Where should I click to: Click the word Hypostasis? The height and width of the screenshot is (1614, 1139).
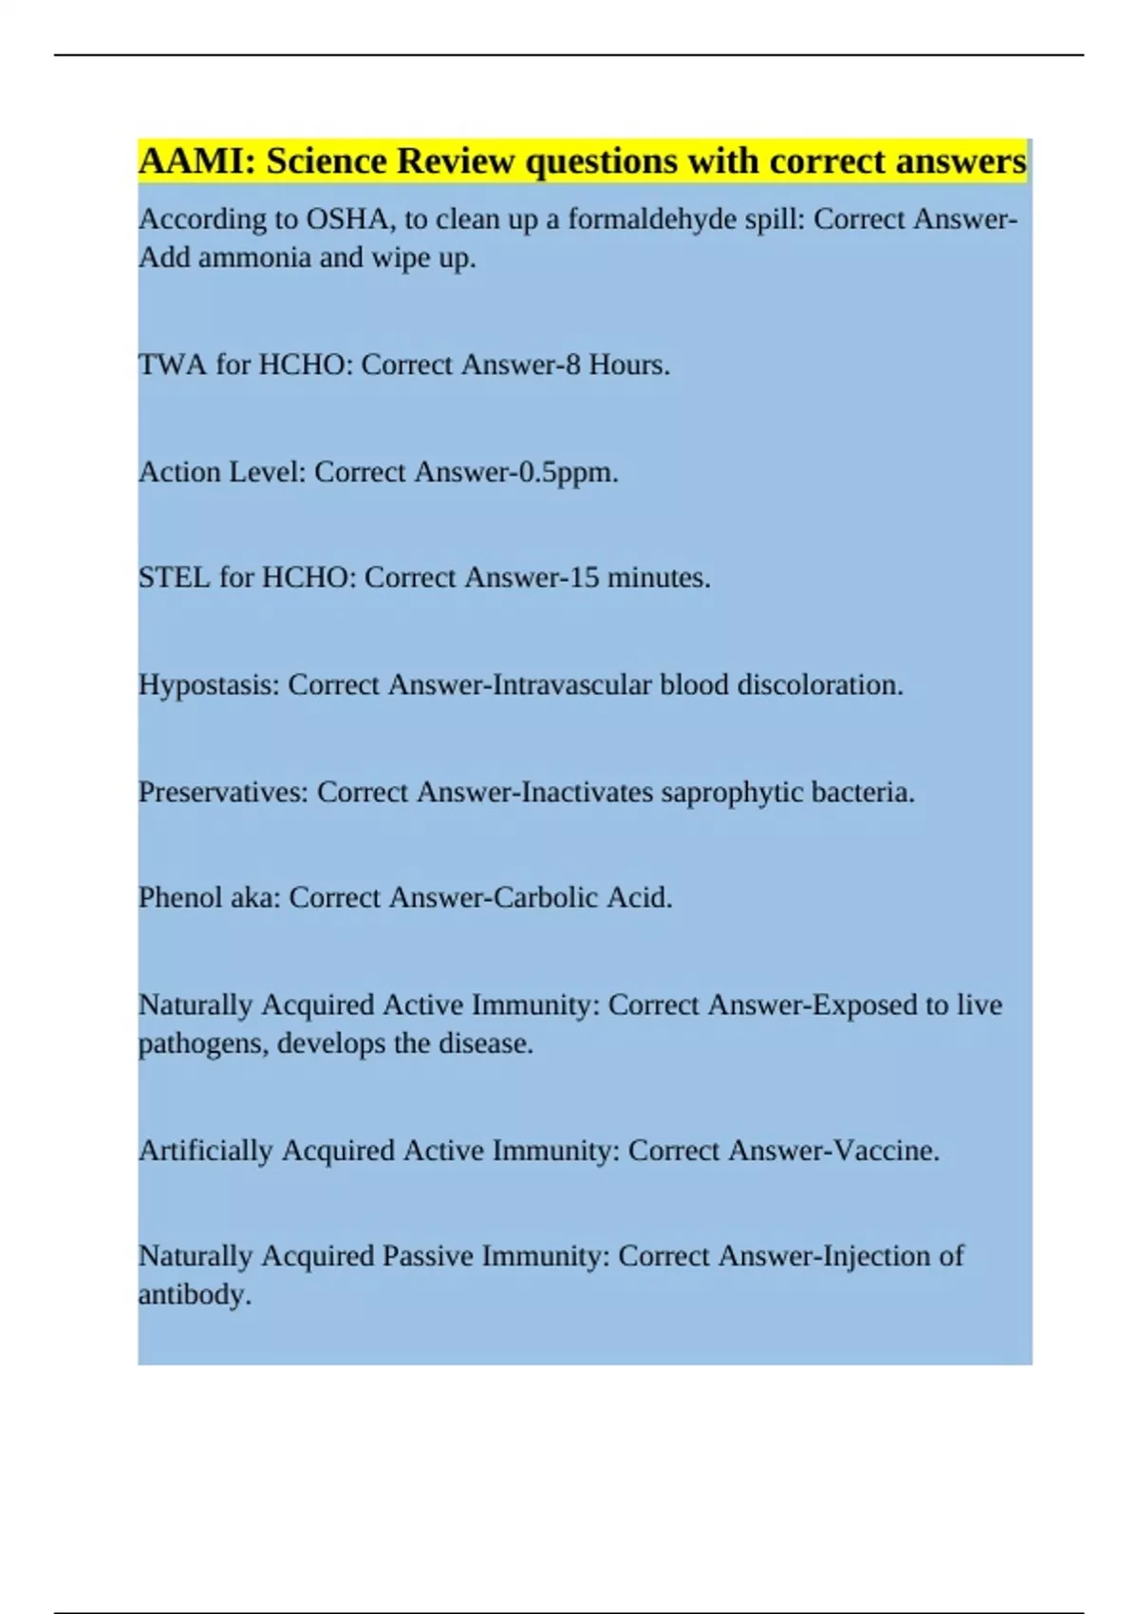[x=209, y=685]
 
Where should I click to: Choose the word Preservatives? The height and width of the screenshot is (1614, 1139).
[x=223, y=792]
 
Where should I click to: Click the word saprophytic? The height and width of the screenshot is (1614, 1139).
[x=732, y=792]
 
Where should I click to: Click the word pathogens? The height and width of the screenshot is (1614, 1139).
[x=203, y=1044]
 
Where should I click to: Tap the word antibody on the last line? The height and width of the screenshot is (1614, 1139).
[x=195, y=1295]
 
